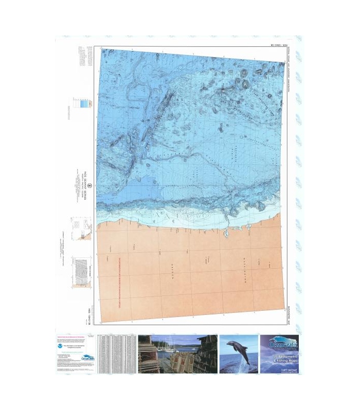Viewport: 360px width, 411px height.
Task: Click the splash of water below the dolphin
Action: [x=237, y=366]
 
